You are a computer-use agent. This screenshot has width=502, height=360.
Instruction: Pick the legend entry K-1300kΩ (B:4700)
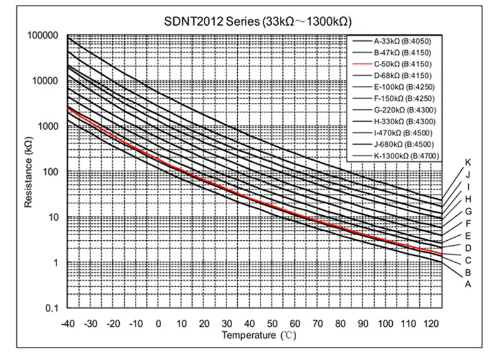click(405, 156)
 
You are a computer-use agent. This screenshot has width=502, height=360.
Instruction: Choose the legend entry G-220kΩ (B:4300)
click(405, 110)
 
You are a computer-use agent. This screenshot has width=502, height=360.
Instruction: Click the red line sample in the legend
click(362, 64)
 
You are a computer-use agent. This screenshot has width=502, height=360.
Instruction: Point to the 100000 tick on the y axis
click(43, 35)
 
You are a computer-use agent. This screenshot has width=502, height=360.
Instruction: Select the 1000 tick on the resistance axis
click(47, 126)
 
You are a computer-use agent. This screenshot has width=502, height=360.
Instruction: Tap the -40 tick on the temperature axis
click(67, 323)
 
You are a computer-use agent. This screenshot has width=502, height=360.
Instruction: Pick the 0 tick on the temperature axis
click(158, 323)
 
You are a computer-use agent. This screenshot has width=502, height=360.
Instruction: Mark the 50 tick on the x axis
click(272, 323)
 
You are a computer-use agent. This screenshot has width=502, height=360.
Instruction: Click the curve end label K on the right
click(467, 162)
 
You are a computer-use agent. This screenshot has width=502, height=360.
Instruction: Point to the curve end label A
click(467, 284)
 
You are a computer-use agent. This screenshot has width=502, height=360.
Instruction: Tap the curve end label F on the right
click(467, 223)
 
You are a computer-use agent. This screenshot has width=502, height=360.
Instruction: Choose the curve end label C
click(467, 260)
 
